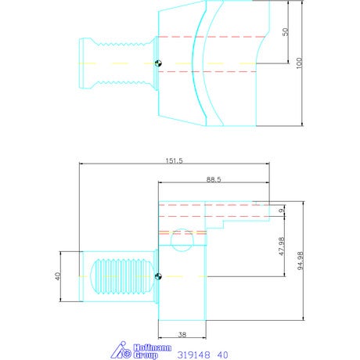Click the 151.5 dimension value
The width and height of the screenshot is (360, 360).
[x=175, y=160]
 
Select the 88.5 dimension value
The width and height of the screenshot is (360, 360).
[x=214, y=179]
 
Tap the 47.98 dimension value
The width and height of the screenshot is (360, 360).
[x=281, y=247]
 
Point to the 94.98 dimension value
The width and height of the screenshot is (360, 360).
[x=301, y=261]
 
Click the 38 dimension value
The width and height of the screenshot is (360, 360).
[x=182, y=334]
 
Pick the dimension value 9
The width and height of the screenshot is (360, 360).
[x=281, y=211]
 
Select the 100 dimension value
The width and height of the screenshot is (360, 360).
[x=299, y=63]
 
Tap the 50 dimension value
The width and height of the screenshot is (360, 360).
[x=286, y=32]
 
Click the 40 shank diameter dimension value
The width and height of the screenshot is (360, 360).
[x=58, y=276]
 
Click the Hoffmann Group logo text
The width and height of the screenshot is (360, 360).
[x=153, y=351]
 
